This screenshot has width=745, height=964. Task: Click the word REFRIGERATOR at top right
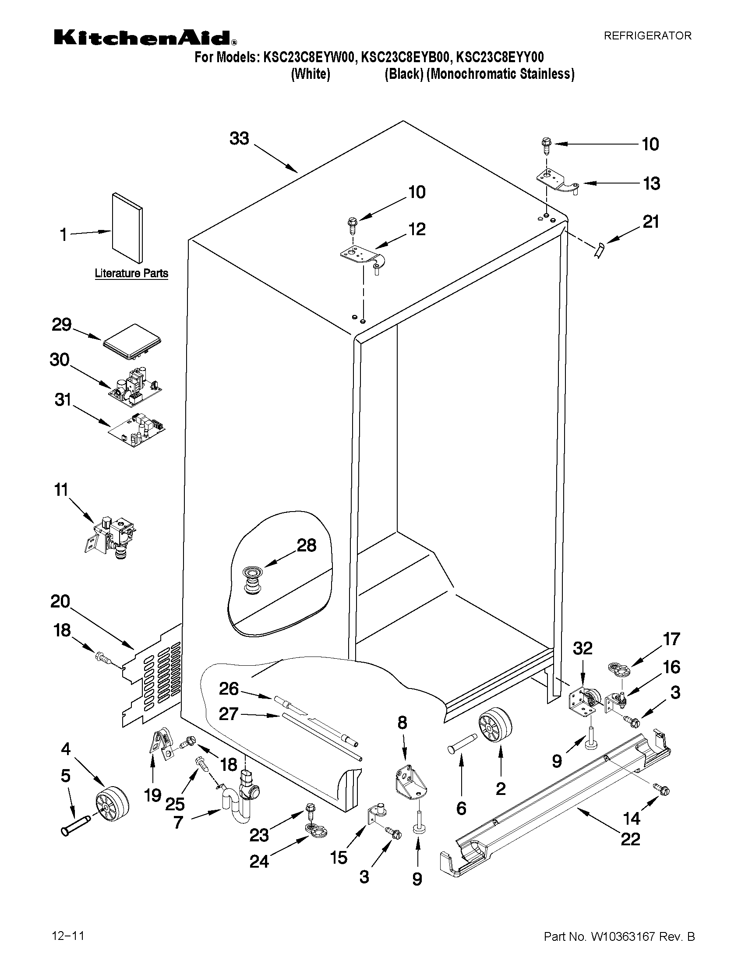pyautogui.click(x=647, y=36)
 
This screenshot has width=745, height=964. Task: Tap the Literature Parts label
pyautogui.click(x=131, y=273)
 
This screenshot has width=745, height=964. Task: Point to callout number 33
pyautogui.click(x=239, y=139)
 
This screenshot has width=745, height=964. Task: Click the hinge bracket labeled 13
pyautogui.click(x=557, y=182)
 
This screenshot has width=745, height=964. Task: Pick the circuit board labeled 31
pyautogui.click(x=137, y=430)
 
